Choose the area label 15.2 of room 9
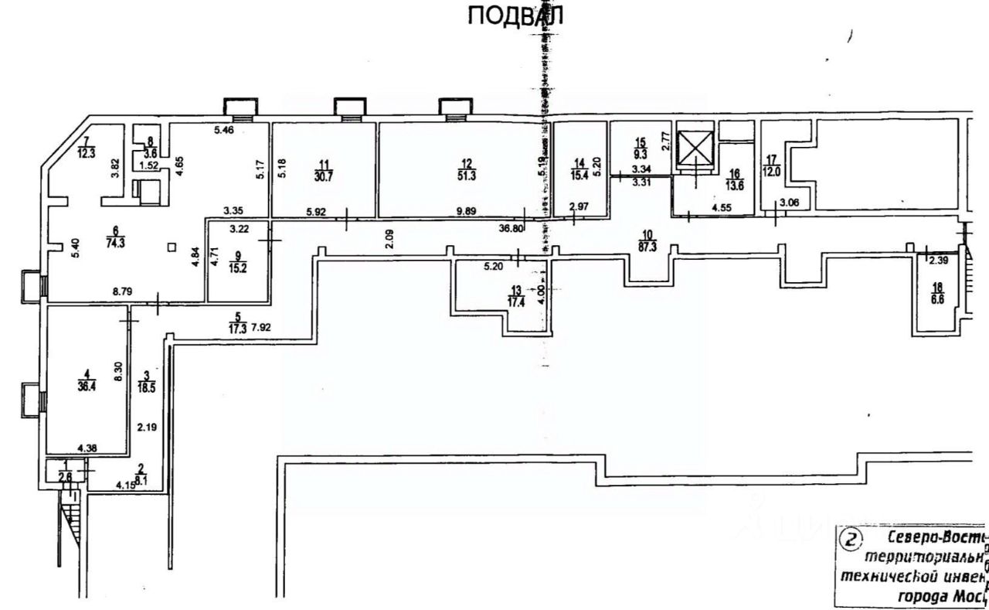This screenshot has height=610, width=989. (x=238, y=271)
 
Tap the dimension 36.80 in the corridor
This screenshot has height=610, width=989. (x=511, y=228)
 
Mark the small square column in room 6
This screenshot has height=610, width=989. (x=171, y=247)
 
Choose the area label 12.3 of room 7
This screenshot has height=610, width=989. (x=87, y=152)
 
